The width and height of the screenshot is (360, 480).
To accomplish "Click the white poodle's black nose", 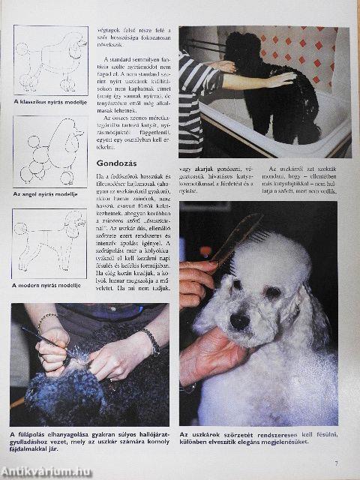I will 240,320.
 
